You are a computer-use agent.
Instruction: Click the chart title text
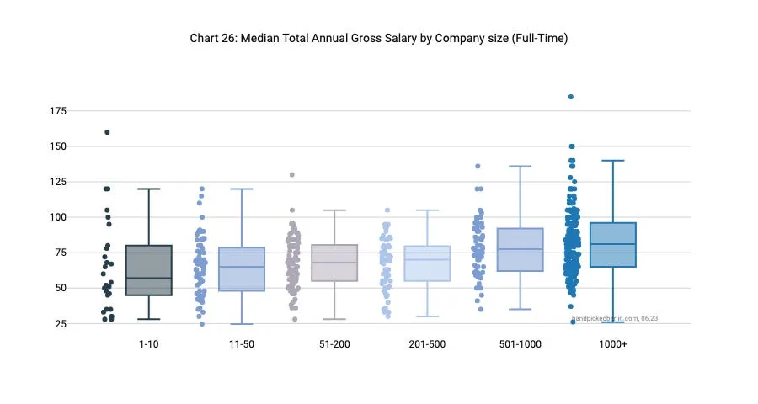coord(379,39)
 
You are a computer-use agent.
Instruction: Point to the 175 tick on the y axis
coord(59,111)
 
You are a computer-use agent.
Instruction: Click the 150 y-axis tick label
coord(59,146)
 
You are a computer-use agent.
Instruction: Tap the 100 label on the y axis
coord(59,217)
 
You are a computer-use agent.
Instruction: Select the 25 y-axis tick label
coord(61,323)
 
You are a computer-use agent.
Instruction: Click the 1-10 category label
coord(148,345)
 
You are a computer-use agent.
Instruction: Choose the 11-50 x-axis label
coord(241,345)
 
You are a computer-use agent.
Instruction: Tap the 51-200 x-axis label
coord(334,345)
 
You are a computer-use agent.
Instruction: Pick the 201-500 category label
coord(427,345)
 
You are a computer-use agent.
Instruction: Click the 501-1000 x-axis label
coord(520,345)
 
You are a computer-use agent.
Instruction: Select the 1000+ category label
coord(612,345)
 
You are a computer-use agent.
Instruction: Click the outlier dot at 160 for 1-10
coord(107,132)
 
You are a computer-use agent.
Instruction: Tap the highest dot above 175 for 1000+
coord(571,97)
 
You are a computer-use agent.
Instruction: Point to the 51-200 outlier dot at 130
coord(292,175)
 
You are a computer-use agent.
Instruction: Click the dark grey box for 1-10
coord(148,269)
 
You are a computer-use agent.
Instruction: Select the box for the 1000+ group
coord(612,245)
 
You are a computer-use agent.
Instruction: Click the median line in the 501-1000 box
coord(520,249)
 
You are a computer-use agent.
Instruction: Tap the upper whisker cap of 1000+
coord(612,160)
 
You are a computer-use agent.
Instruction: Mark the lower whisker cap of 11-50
coord(241,324)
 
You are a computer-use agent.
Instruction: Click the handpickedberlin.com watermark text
coord(615,318)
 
